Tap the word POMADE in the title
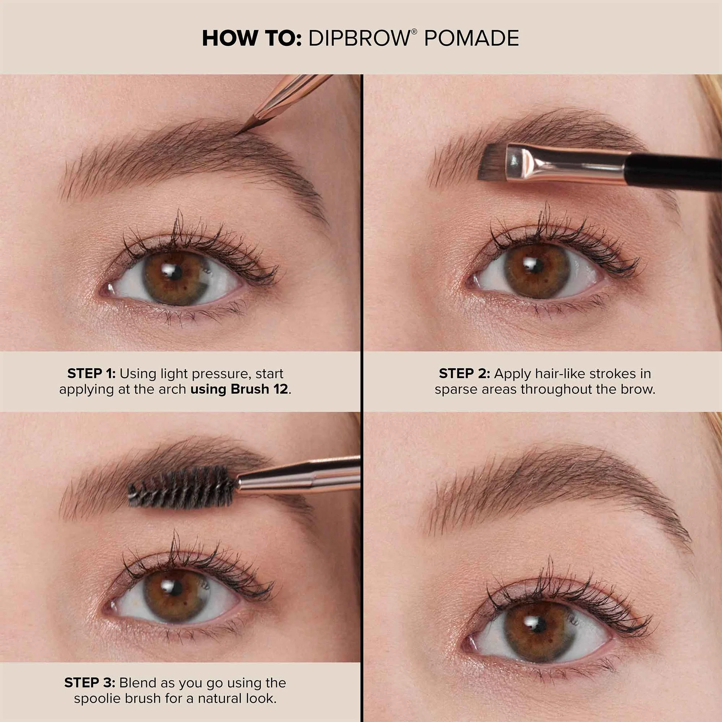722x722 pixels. [x=472, y=38]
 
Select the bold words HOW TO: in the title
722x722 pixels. [x=252, y=38]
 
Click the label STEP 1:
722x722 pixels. [x=91, y=373]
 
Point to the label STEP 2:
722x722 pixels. [x=464, y=373]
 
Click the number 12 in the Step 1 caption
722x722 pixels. [x=281, y=389]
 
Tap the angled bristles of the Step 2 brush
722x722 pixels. [x=492, y=162]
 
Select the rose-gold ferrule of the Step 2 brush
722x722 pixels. [x=564, y=164]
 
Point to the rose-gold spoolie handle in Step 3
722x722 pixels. [x=299, y=475]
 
